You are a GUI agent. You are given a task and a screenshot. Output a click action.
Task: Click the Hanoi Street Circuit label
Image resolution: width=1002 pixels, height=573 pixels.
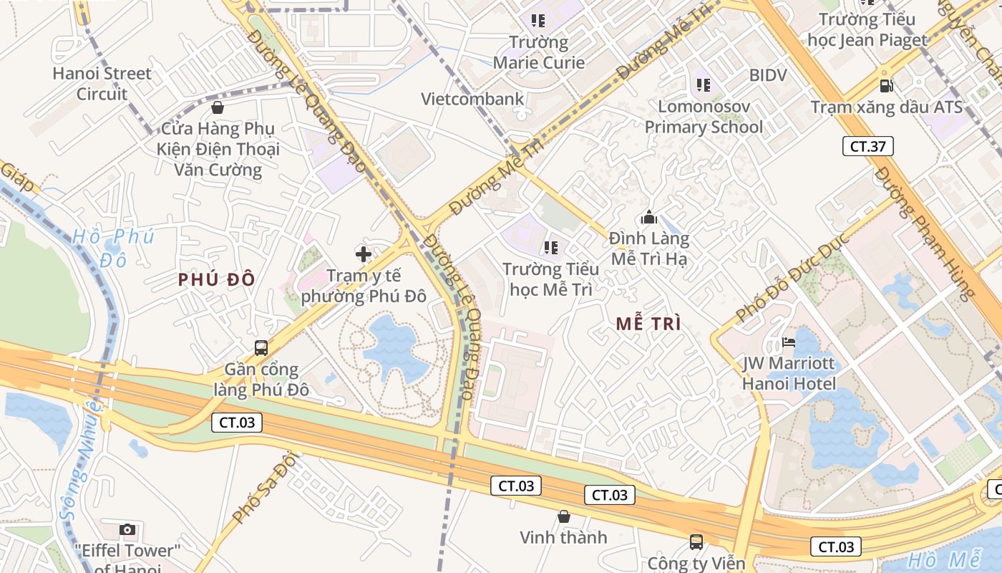[102, 83]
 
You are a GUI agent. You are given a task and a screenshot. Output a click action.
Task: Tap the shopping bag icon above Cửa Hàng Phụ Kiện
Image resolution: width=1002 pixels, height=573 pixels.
[218, 107]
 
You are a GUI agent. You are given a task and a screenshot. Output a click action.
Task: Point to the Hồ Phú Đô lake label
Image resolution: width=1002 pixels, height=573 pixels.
[113, 247]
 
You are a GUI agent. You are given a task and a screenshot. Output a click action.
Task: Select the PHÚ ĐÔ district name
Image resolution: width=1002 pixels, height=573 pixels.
[217, 279]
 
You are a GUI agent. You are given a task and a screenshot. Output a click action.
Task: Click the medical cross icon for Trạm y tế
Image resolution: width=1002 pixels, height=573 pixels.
[364, 254]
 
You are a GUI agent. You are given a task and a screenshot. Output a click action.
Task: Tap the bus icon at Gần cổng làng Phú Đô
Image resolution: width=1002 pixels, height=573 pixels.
[261, 348]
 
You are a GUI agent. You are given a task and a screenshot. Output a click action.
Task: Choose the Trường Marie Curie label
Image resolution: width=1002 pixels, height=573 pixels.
[538, 52]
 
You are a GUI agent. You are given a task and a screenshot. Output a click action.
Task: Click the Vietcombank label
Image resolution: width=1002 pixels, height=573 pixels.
[472, 99]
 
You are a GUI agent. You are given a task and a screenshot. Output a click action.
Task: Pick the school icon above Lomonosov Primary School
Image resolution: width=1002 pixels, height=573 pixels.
[704, 85]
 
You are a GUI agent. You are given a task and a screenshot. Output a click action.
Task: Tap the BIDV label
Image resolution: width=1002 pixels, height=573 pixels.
[768, 75]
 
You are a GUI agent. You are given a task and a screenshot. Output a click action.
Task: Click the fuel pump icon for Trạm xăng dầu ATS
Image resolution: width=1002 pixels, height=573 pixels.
[886, 86]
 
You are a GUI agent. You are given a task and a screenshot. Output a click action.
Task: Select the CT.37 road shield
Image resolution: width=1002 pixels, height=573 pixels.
[867, 146]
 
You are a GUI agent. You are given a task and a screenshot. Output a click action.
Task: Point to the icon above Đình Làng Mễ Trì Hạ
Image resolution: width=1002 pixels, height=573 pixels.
[649, 216]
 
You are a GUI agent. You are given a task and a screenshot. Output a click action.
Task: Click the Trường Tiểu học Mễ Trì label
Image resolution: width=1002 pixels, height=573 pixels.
[550, 279]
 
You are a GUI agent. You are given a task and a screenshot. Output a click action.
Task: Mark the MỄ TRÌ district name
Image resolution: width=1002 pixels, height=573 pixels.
[648, 323]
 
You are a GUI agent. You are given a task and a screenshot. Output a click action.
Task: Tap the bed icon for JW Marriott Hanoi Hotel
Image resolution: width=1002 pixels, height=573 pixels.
[789, 342]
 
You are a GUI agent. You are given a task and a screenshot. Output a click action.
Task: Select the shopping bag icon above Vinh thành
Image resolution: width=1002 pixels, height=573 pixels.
[563, 516]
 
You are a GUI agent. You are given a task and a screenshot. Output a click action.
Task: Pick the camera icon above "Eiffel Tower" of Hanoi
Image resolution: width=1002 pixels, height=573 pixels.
[127, 530]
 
